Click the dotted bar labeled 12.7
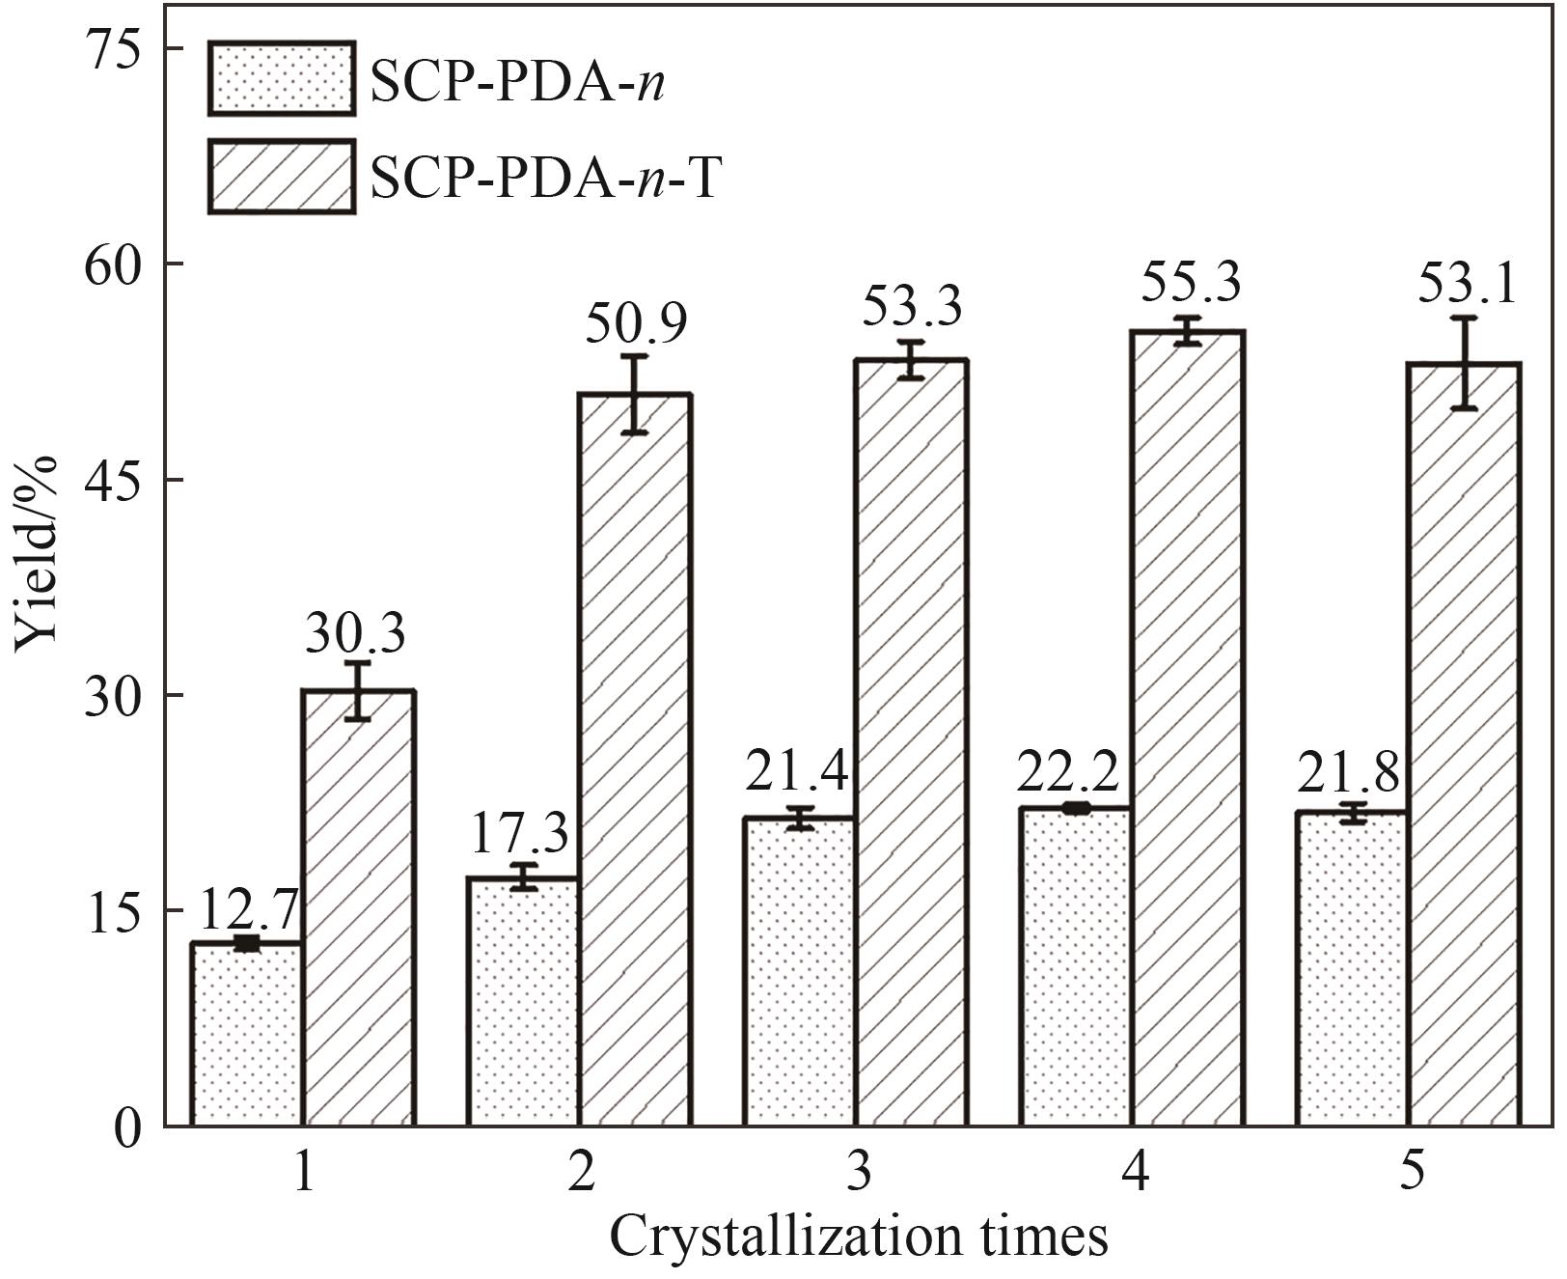(247, 1034)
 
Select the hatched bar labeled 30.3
(358, 907)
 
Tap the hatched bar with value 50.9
(634, 760)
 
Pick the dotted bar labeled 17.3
(523, 1001)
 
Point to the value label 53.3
(912, 308)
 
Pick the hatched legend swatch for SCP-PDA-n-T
(281, 177)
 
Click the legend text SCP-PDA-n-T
(545, 178)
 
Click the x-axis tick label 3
(858, 1174)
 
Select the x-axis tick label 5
(1412, 1174)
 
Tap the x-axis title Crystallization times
(858, 1237)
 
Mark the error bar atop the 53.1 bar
(1465, 363)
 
